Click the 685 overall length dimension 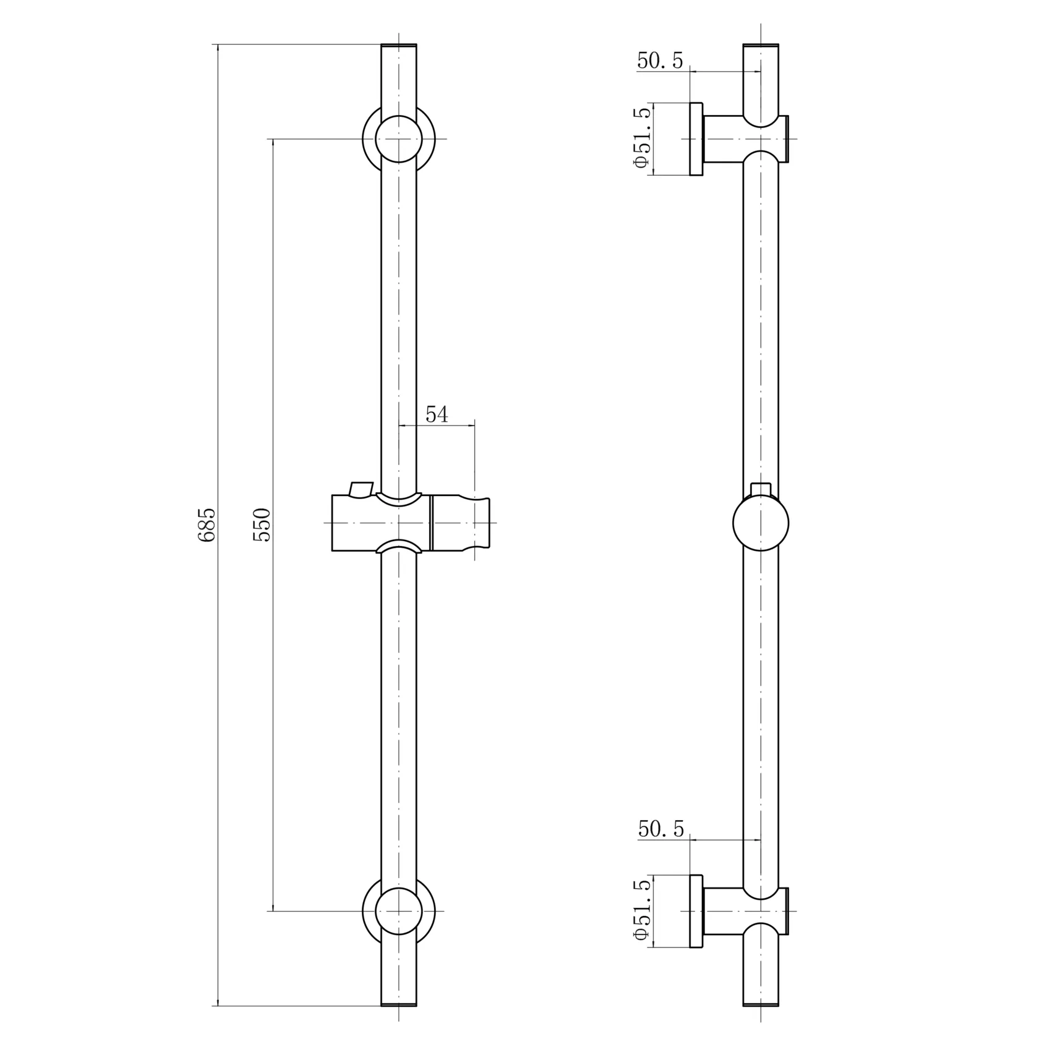click(x=207, y=524)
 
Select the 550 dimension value click(x=262, y=524)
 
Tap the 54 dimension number click(x=437, y=414)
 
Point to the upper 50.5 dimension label click(x=660, y=61)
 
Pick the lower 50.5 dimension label click(x=661, y=829)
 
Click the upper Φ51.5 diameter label click(x=642, y=137)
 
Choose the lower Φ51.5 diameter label click(x=642, y=910)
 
